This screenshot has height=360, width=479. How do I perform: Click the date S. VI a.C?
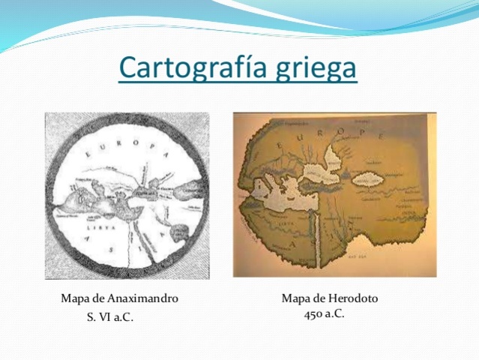(110, 317)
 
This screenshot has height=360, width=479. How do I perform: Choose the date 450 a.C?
(325, 313)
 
